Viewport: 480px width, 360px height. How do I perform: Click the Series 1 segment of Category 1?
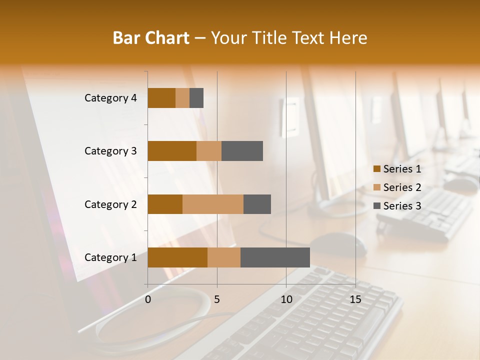coord(177,257)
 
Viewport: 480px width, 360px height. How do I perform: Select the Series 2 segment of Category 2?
coord(213,204)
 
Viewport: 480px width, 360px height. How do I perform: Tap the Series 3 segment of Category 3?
coord(242,151)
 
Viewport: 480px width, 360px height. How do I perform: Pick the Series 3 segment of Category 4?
coord(196,98)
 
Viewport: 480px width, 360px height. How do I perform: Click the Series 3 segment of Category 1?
coord(275,257)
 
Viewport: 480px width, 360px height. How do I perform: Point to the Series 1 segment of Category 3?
coord(172,151)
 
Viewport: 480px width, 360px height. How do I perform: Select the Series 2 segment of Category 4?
coord(182,98)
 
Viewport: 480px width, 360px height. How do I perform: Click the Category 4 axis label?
coord(110,98)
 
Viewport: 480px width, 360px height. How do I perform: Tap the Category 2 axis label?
coord(110,204)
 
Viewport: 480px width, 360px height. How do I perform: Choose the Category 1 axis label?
coord(110,257)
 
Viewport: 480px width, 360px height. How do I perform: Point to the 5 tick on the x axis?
coord(217,299)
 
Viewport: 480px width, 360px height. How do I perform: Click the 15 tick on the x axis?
coord(355,299)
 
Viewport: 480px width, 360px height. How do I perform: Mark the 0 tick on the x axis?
coord(148,299)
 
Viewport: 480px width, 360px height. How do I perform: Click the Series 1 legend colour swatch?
coord(376,169)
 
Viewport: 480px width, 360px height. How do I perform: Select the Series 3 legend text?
coord(402,206)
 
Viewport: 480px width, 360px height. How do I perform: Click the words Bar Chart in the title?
coord(151,38)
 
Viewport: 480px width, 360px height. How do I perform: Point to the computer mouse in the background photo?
coord(340,243)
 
